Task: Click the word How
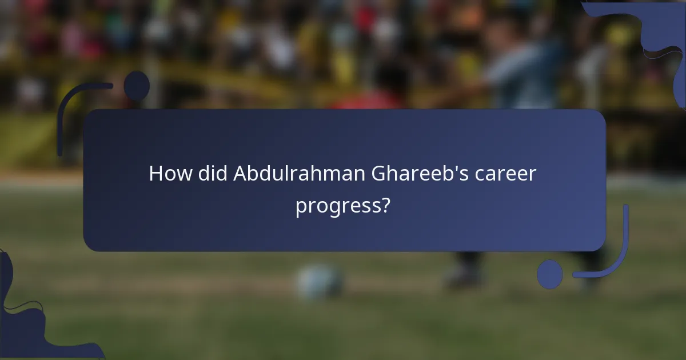tap(170, 173)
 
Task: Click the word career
tap(506, 173)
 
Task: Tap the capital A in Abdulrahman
tap(240, 173)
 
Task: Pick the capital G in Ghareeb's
tap(380, 173)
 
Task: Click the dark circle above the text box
tap(137, 86)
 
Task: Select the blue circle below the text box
tap(549, 274)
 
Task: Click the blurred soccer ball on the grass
tap(320, 282)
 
